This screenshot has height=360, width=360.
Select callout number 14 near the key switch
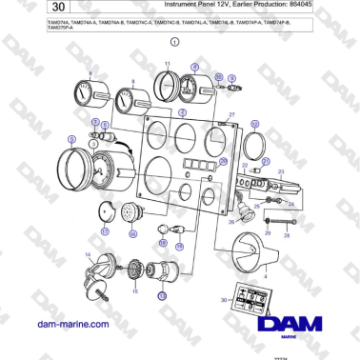(89, 255)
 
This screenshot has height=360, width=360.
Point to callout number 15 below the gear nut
(134, 290)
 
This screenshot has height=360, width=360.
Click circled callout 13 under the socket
(162, 296)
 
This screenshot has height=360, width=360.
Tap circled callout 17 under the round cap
(105, 230)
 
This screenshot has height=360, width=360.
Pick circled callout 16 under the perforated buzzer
(133, 233)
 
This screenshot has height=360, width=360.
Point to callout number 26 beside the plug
(230, 222)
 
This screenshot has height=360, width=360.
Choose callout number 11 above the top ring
(168, 63)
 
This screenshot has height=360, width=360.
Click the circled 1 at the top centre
(174, 43)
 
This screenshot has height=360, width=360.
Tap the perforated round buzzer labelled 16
(133, 214)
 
